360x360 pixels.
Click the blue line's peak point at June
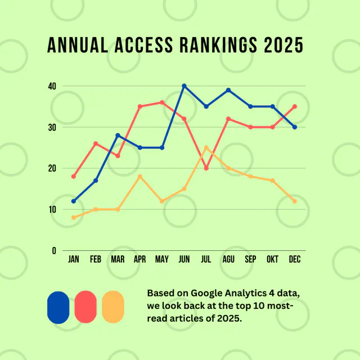coord(184,86)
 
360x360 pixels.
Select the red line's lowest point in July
coord(206,168)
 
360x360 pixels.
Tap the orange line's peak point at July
coord(206,147)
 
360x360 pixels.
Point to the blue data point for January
coord(74,201)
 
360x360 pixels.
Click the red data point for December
coord(295,106)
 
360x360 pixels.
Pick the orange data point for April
coord(140,177)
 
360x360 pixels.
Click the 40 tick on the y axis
coord(52,86)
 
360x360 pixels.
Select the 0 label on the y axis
coord(54,250)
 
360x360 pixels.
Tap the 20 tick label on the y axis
coord(52,168)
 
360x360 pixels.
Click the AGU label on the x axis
coord(228,260)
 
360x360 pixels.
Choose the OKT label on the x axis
coord(273,260)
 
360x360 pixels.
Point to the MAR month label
coord(118,260)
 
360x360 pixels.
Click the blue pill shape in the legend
coord(58,307)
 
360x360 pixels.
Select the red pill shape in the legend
coord(85,307)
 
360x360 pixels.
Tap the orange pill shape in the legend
coord(113,307)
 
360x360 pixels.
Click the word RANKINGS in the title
coord(209,45)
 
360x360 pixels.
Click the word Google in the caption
coord(209,293)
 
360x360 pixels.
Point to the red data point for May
coord(162,102)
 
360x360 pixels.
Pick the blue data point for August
coord(228,90)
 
